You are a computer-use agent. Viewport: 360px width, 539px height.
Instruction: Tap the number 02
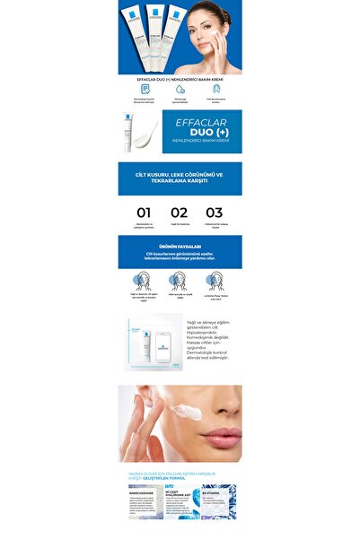pos(180,213)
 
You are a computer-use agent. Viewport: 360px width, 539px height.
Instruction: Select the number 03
pos(214,213)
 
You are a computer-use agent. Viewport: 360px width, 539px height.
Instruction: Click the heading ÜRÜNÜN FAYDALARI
pos(180,246)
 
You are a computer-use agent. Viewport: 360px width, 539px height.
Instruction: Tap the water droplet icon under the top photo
pos(180,88)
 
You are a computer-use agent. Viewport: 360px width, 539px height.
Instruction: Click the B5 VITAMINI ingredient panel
pos(219,503)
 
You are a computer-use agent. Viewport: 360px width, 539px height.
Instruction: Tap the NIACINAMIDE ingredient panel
pos(145,503)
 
